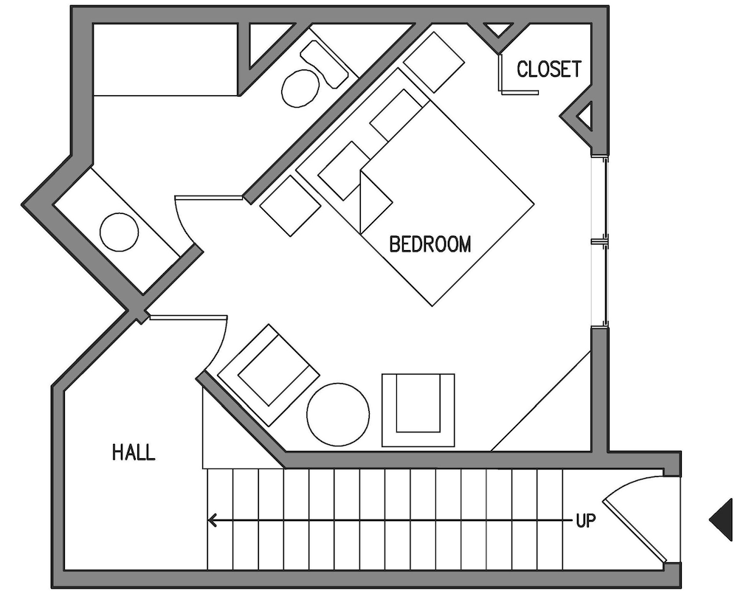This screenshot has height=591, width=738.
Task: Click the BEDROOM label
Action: [x=430, y=244]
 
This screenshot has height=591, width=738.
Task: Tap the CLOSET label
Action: [x=549, y=69]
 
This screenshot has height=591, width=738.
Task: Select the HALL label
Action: [x=134, y=452]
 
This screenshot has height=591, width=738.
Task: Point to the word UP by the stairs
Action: [x=586, y=520]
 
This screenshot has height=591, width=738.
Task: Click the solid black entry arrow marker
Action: [x=721, y=519]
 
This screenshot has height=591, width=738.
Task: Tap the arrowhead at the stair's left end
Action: [x=212, y=520]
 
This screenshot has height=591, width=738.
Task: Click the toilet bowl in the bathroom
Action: [x=300, y=88]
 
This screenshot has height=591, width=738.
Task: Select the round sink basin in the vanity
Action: [x=120, y=232]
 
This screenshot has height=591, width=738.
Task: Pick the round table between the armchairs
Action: [x=338, y=415]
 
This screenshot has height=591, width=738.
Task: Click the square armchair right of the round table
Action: [x=418, y=409]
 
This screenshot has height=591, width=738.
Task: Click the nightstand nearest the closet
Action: [x=434, y=62]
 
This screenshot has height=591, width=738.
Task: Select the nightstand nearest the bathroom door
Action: [x=290, y=206]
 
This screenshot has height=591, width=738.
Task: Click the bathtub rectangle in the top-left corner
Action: [x=165, y=60]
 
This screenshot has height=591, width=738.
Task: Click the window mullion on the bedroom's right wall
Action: [x=599, y=242]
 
